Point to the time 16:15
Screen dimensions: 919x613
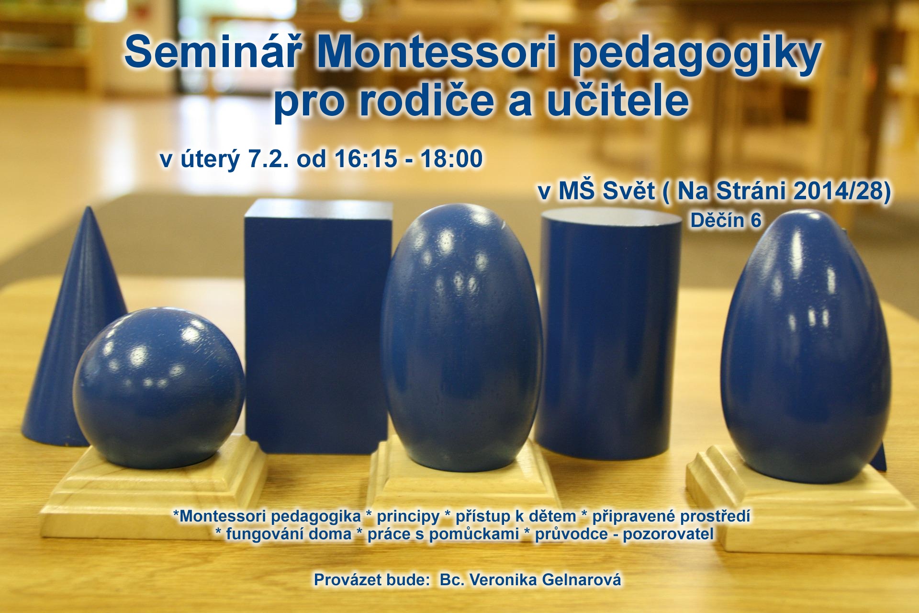366,159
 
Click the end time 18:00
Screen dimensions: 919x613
451,159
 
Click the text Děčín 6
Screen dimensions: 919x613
726,220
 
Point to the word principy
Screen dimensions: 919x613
408,516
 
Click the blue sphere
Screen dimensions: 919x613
158,388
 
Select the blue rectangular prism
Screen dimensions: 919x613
317,326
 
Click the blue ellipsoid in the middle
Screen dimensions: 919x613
462,338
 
